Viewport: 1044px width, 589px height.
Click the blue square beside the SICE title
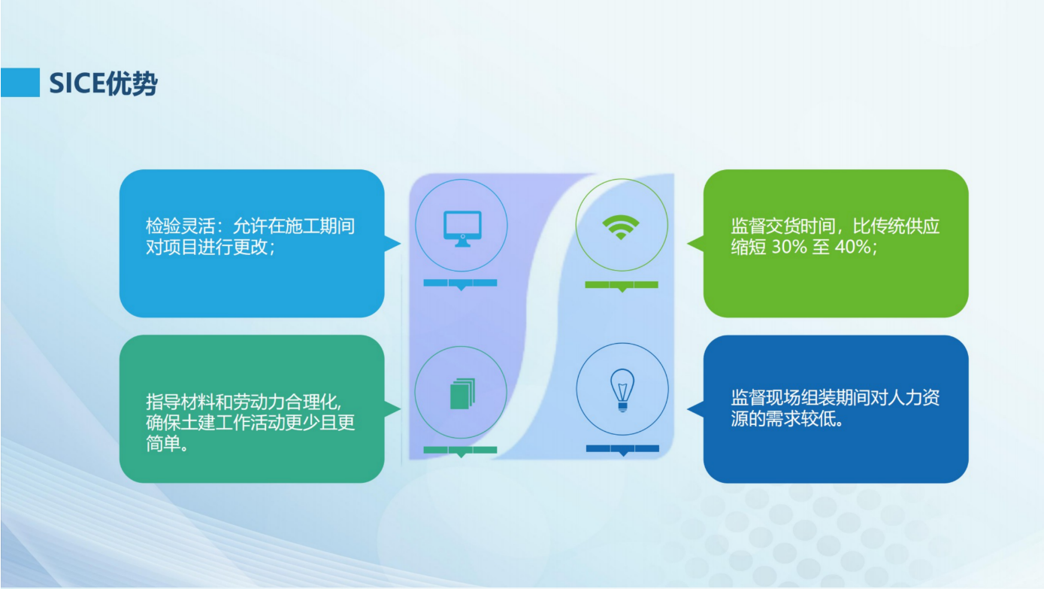(20, 83)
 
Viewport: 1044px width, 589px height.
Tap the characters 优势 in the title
(132, 84)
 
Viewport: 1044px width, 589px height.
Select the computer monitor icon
(462, 229)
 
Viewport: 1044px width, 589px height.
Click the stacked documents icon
(462, 393)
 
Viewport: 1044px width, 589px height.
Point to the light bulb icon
(622, 390)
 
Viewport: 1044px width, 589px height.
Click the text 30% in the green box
(789, 247)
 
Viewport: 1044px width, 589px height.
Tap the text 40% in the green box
(852, 247)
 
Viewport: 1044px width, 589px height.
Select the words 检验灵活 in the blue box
(180, 226)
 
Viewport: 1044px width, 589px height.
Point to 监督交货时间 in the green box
(783, 226)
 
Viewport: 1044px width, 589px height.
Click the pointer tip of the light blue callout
(401, 243)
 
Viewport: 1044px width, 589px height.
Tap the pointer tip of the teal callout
(401, 408)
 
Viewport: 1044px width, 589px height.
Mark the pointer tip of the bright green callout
(688, 243)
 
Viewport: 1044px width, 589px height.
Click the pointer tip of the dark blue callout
(688, 409)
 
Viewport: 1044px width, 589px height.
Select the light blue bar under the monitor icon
(461, 284)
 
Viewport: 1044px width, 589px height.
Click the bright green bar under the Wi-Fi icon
(622, 285)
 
